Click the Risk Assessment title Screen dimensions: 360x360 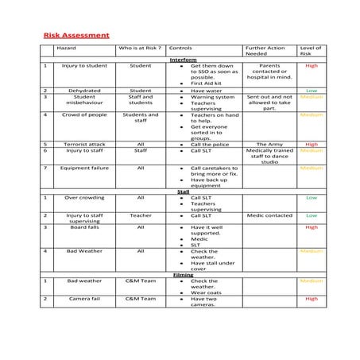pos(76,36)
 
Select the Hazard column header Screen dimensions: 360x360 pos(66,48)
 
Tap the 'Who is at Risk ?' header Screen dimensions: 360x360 pos(140,48)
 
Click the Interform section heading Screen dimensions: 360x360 pos(183,60)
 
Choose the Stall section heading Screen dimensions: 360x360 pos(183,192)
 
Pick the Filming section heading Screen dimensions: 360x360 pos(183,274)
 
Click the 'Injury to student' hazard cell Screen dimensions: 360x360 pos(84,66)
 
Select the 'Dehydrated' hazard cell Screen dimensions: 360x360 pos(84,91)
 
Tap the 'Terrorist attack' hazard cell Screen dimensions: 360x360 pos(84,144)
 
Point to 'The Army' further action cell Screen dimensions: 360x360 pos(269,144)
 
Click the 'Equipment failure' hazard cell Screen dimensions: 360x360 pos(84,168)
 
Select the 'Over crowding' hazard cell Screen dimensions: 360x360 pos(84,198)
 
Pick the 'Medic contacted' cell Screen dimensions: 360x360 pos(269,215)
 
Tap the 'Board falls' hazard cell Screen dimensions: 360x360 pos(84,227)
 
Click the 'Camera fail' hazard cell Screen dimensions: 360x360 pos(84,299)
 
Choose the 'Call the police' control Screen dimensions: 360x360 pos(210,144)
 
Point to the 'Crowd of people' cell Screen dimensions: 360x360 pos(84,114)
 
